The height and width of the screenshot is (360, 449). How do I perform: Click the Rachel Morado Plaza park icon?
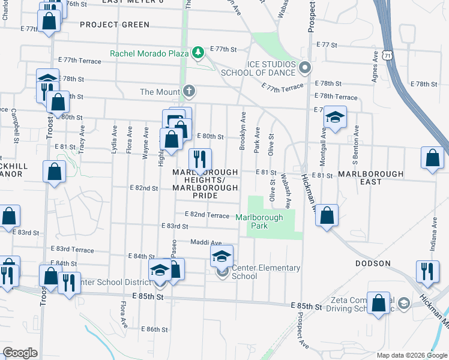coord(197,53)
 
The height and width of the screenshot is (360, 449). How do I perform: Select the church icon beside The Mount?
coord(189,91)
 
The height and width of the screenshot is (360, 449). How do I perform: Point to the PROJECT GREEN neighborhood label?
coord(114,25)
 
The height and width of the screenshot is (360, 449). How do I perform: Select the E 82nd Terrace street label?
coord(207,215)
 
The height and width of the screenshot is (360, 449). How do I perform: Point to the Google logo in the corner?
coord(20,353)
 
